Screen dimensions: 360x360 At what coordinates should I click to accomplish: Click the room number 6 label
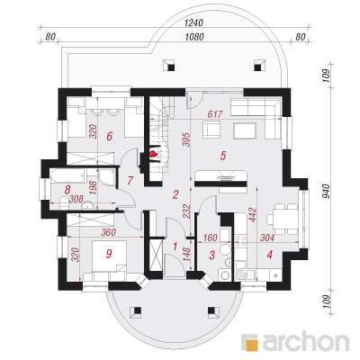[110, 137]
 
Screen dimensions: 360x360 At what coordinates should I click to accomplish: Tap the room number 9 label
[109, 254]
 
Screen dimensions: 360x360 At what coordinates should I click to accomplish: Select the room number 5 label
[223, 156]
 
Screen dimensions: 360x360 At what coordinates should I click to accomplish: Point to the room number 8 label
[67, 190]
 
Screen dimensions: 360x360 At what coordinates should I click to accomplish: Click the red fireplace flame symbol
[154, 154]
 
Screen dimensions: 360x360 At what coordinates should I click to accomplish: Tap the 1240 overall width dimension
[193, 22]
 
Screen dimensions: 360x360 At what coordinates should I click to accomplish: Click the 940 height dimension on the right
[327, 192]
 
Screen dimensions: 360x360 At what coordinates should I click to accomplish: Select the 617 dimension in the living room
[215, 114]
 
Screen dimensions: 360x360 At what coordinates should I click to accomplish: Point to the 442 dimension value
[253, 215]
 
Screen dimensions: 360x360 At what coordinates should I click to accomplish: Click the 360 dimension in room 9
[108, 232]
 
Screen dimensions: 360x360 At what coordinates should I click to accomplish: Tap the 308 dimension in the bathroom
[76, 199]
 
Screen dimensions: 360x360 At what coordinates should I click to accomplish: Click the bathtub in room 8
[68, 175]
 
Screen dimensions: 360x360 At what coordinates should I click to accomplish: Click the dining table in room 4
[282, 219]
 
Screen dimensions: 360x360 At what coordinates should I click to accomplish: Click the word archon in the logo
[306, 341]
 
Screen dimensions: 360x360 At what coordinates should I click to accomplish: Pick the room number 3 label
[212, 256]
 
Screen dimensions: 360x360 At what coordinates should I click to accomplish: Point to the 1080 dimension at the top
[194, 37]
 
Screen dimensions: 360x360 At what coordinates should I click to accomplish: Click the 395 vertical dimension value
[186, 139]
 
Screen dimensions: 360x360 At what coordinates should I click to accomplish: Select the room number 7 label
[130, 181]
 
